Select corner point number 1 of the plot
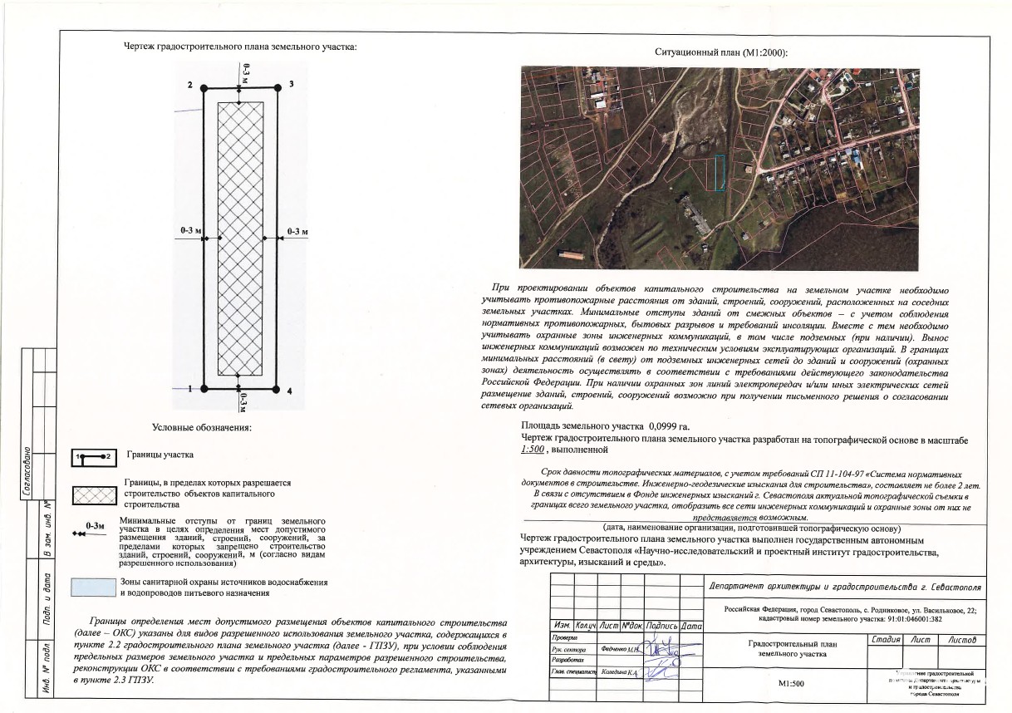[204, 388]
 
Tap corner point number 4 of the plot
[277, 388]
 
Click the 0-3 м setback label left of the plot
[190, 229]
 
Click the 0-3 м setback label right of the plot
[297, 229]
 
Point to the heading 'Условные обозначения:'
[202, 428]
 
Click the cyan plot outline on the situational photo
[721, 174]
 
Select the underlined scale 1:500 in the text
[532, 450]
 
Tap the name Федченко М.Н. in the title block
[619, 649]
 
